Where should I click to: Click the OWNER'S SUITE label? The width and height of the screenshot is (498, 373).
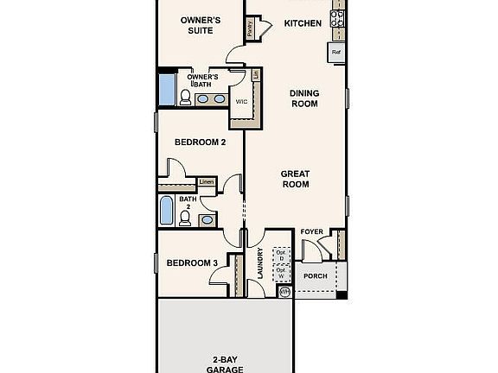[198, 24]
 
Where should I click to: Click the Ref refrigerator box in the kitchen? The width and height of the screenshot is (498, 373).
[337, 54]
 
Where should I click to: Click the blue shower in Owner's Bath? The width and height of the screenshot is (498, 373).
[165, 89]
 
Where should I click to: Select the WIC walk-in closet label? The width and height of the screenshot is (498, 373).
[243, 99]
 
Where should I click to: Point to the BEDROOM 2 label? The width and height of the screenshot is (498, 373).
[200, 142]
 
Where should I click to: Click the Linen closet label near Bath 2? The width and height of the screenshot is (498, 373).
[207, 181]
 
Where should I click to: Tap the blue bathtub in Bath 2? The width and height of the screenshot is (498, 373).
[166, 210]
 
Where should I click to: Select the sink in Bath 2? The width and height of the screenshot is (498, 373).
[207, 219]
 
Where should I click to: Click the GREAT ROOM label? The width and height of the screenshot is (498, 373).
[295, 179]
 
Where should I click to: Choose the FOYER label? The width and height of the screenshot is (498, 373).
[311, 232]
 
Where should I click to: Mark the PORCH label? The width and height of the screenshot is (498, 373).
[316, 276]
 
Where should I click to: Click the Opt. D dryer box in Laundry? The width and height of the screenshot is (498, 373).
[280, 256]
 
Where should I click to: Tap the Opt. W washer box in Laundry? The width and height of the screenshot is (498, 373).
[280, 273]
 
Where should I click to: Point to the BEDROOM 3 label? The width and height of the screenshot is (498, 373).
[192, 263]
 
